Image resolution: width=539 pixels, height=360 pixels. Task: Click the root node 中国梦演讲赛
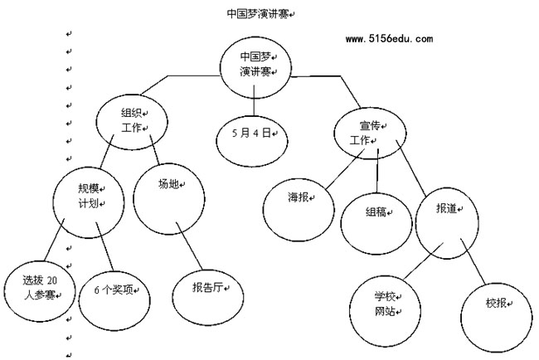[253, 65]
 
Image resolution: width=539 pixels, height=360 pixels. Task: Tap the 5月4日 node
[252, 134]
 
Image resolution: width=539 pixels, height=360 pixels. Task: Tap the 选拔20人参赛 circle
[37, 289]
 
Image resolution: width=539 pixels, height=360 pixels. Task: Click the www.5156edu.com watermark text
[388, 38]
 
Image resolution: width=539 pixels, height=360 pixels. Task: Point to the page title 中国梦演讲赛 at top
[258, 14]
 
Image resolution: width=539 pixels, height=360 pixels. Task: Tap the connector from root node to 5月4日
[253, 105]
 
